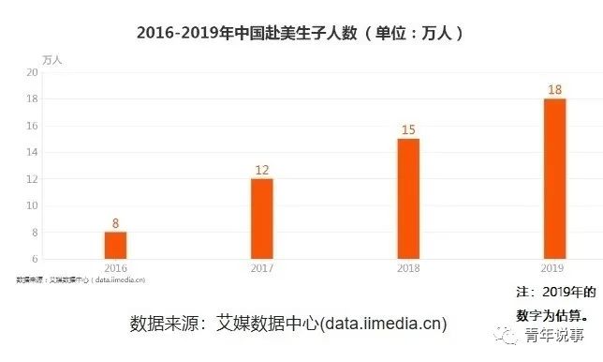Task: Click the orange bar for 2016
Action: coord(115,245)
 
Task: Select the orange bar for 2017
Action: coord(262,219)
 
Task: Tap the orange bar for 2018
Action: coord(408,198)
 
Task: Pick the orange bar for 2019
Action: coord(554,178)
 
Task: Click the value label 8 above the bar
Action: coord(115,223)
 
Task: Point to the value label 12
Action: coord(262,170)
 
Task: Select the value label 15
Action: coord(408,129)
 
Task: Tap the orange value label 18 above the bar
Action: coord(554,89)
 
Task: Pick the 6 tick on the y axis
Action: coord(35,259)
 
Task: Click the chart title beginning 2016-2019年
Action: coord(301,32)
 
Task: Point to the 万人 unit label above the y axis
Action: coord(54,59)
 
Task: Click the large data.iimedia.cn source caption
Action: coord(288,324)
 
